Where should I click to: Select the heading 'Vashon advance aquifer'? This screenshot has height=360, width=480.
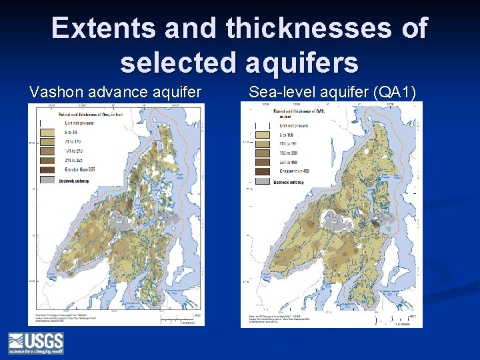(x=115, y=92)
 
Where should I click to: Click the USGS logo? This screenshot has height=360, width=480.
(x=36, y=343)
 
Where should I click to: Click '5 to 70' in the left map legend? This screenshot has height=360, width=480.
(x=70, y=132)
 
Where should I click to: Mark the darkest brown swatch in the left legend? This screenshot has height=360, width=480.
(x=49, y=170)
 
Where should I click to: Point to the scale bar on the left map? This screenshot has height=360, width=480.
(x=183, y=319)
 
